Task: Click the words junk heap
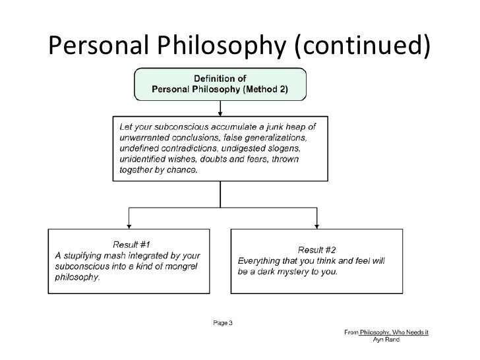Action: (x=284, y=126)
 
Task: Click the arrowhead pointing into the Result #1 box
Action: (x=129, y=224)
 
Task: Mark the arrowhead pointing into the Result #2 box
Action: (x=317, y=224)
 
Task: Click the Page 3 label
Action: (x=222, y=323)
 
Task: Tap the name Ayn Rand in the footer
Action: (x=386, y=340)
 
